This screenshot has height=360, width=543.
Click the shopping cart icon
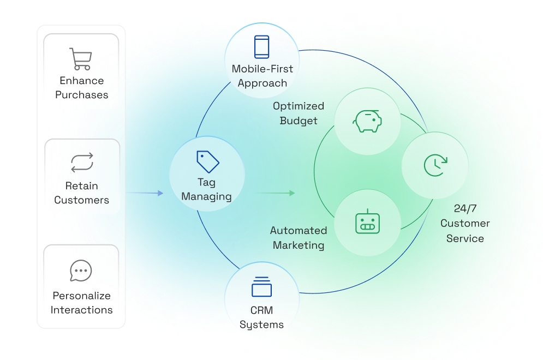coord(80,59)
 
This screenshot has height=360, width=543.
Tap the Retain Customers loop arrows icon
coord(82,163)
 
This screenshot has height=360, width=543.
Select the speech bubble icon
coord(81,271)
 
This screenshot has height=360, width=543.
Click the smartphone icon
coord(262,47)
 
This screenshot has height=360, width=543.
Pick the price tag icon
coord(207,161)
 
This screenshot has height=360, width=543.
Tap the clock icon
coord(435,165)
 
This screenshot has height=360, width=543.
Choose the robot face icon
coord(367,221)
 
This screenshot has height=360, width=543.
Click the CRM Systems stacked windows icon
coord(262,287)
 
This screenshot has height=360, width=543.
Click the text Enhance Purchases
coord(82,88)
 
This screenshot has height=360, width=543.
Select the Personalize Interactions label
coord(82,303)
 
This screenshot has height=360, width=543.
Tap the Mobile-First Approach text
coord(262,76)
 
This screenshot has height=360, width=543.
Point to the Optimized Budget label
coord(299,113)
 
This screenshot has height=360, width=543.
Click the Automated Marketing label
coord(299,237)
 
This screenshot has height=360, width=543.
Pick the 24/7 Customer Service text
coord(465,223)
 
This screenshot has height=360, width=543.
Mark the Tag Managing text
coord(207,189)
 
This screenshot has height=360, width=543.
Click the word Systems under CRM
coord(262,325)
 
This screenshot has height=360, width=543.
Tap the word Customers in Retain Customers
coord(82,200)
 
